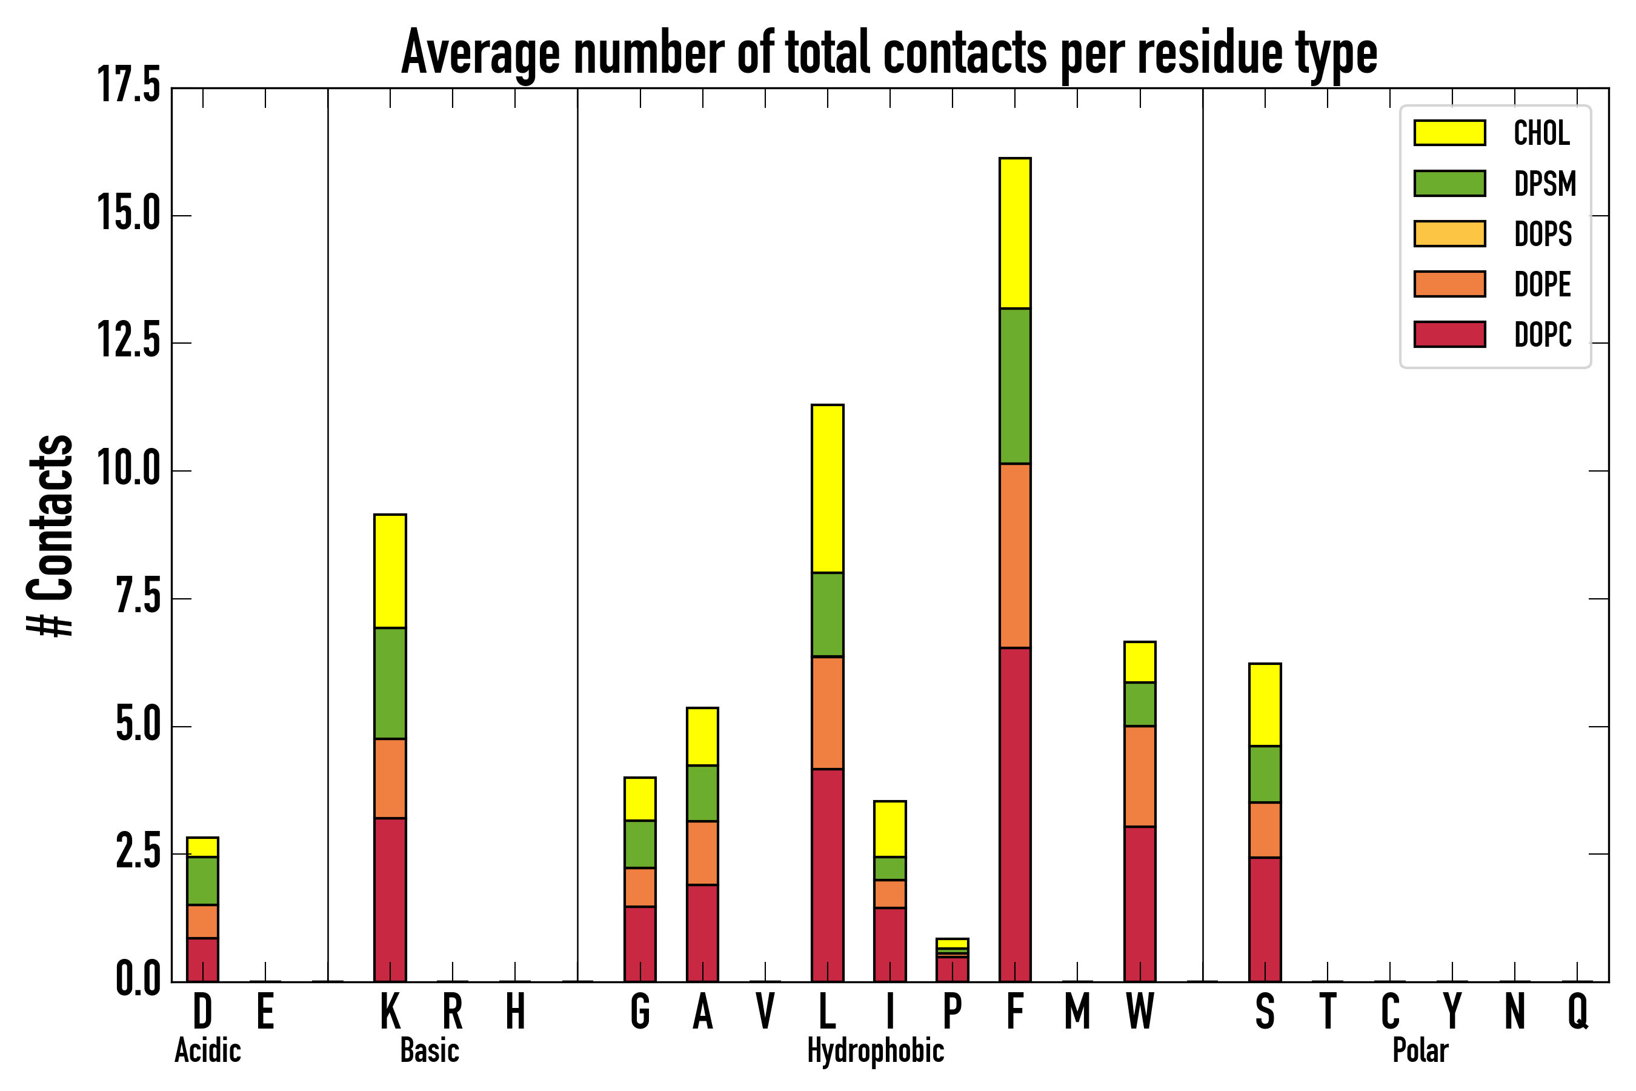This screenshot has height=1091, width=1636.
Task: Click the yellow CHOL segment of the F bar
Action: pos(1015,233)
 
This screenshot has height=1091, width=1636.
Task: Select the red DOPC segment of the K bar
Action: pos(390,899)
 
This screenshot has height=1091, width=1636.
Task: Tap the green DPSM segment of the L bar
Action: pos(827,615)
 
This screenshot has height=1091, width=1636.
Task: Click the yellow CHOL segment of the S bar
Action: pos(1265,705)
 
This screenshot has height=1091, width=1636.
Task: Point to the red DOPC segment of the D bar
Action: pos(202,959)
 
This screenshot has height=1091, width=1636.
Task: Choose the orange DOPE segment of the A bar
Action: pos(702,852)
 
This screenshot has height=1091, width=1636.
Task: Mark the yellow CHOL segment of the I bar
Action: pos(889,829)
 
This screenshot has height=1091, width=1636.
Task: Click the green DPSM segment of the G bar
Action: pos(640,844)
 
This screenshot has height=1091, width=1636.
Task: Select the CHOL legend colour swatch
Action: pos(1449,133)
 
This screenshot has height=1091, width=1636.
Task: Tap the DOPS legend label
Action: pos(1543,234)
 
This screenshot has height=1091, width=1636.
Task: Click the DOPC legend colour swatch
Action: pos(1449,334)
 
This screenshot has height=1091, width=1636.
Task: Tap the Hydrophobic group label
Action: pos(875,1050)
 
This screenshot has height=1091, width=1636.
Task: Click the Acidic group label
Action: pos(207,1050)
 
